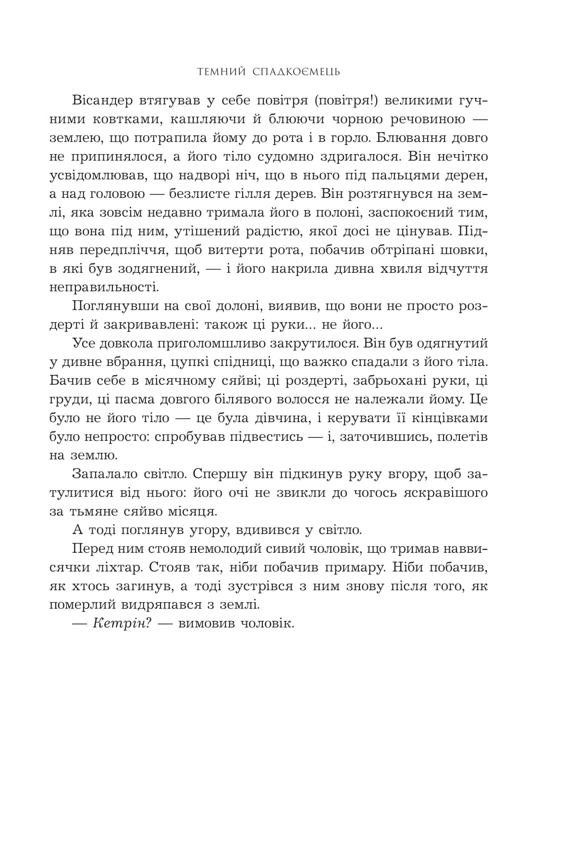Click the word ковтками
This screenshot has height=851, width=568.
128,120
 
